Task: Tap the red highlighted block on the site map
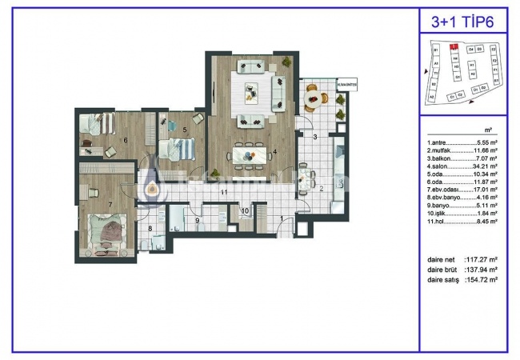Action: pyautogui.click(x=453, y=47)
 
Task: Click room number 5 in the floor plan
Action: pyautogui.click(x=184, y=128)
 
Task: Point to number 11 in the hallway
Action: pyautogui.click(x=225, y=193)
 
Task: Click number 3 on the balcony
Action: pyautogui.click(x=315, y=138)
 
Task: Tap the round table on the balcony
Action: pyautogui.click(x=318, y=98)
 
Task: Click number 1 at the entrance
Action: pyautogui.click(x=281, y=218)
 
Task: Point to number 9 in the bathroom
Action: pyautogui.click(x=196, y=219)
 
